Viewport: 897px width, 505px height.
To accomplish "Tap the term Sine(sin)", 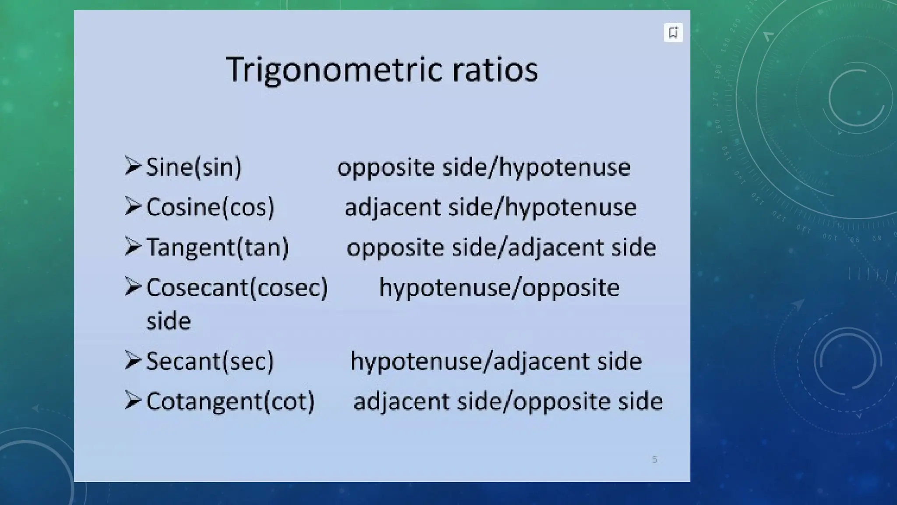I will pos(194,167).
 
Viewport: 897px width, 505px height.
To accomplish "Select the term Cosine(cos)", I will pos(210,207).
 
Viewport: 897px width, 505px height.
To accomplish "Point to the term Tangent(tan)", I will pos(217,247).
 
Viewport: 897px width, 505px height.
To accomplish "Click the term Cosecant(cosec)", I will pos(237,288).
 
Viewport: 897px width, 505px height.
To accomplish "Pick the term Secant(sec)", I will pos(210,361).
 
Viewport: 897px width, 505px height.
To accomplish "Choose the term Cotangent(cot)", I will pos(230,401).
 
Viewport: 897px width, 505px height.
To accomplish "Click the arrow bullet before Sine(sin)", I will pos(133,166).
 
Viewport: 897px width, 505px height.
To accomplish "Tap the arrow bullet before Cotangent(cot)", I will pos(133,400).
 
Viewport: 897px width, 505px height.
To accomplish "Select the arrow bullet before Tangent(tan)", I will pos(133,246).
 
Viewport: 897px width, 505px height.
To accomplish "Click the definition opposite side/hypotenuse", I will pos(484,167).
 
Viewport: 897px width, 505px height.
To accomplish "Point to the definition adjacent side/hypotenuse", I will pos(490,207).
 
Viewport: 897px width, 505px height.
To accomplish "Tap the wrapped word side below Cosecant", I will pos(169,321).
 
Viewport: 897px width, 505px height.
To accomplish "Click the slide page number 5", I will pos(654,459).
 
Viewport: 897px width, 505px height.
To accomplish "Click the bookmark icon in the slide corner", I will pos(673,32).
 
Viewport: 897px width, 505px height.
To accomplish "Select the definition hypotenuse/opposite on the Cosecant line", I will pos(499,288).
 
